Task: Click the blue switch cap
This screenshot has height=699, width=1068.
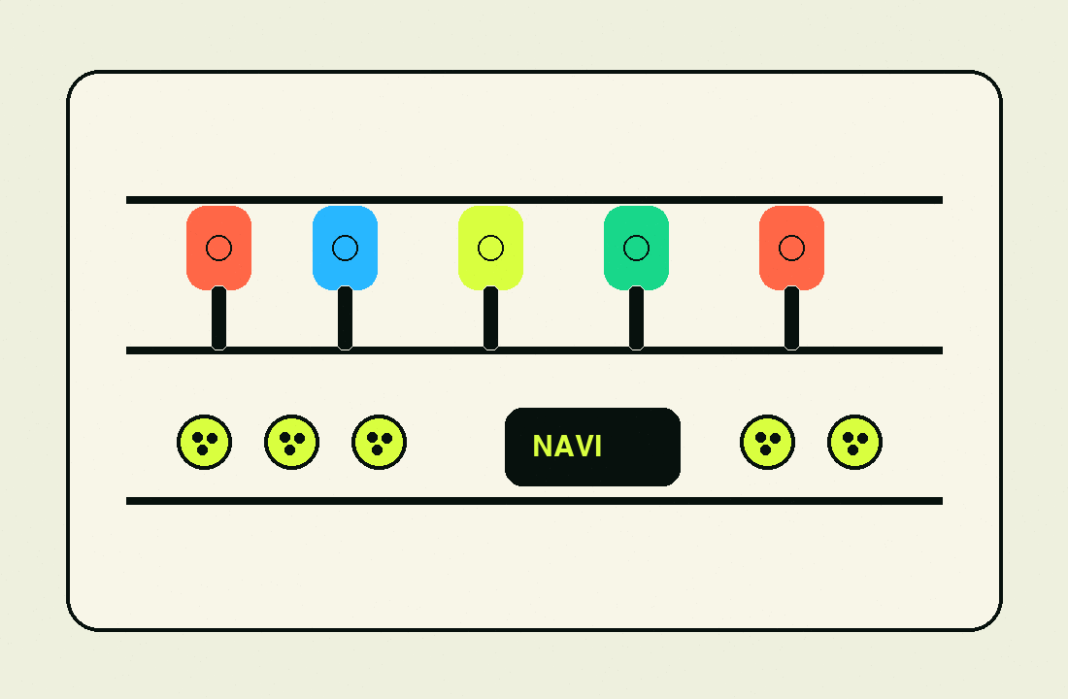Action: [345, 248]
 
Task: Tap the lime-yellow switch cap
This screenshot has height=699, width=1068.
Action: [490, 248]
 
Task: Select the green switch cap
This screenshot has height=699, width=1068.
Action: [636, 248]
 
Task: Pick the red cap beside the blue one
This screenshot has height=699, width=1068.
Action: [218, 248]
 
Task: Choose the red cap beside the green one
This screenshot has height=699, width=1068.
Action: [791, 248]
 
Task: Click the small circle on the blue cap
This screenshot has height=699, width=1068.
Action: [345, 248]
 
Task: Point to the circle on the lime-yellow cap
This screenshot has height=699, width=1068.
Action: [490, 248]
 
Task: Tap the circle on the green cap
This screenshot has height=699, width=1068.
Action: [636, 248]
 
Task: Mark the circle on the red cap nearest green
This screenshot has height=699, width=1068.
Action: [791, 248]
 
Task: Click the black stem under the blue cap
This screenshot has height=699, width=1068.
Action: [345, 318]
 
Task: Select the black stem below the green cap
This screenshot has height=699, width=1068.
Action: [636, 318]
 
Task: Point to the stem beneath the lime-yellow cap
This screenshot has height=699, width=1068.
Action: [490, 318]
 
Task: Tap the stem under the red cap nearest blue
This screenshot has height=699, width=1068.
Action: [218, 318]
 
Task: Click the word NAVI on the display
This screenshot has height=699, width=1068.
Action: [567, 447]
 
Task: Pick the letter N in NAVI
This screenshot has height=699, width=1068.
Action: [542, 447]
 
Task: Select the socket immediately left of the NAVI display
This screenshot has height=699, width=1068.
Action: [379, 442]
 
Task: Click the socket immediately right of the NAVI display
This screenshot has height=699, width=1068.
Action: [767, 442]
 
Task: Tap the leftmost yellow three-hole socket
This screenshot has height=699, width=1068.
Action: [204, 442]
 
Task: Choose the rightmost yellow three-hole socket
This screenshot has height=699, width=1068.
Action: [854, 442]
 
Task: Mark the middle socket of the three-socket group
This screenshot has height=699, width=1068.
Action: [291, 442]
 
